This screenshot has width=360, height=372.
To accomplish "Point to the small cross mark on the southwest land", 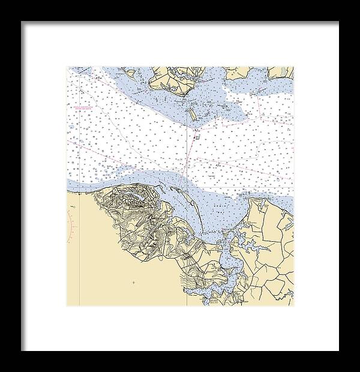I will click(x=133, y=282).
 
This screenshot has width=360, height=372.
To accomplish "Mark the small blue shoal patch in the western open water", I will click(x=73, y=127).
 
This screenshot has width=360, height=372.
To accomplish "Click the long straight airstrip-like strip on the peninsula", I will click(x=144, y=226).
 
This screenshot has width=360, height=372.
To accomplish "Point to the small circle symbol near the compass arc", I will click(x=72, y=207).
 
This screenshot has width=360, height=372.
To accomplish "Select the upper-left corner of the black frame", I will click(x=22, y=22).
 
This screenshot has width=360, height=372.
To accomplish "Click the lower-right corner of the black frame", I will click(x=338, y=350).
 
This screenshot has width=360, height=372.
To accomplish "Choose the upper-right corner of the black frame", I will click(x=338, y=22).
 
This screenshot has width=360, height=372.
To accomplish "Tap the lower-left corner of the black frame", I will click(x=22, y=350).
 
